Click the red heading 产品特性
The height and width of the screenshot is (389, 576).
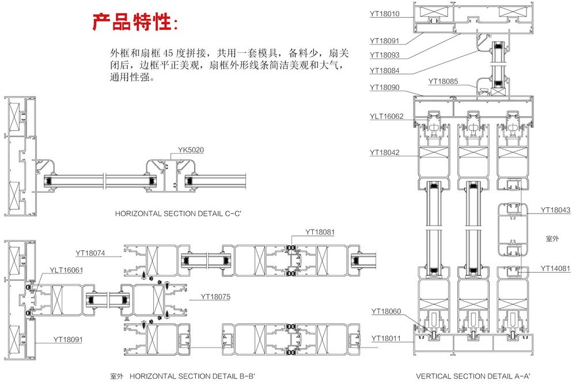(137, 21)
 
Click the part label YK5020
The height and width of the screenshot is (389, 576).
(191, 150)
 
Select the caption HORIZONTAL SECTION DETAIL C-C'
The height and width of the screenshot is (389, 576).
(178, 213)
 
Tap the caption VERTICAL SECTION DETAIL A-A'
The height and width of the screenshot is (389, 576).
(473, 376)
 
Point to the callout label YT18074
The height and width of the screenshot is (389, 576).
(94, 253)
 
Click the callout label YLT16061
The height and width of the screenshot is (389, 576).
(67, 270)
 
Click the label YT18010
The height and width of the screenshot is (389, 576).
(388, 14)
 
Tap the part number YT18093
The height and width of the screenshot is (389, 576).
(388, 55)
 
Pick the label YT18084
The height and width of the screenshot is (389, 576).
(388, 70)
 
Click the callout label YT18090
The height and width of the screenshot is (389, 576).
(388, 87)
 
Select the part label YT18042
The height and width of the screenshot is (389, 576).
(388, 152)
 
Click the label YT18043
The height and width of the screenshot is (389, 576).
(555, 210)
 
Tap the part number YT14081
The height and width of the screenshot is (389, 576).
(555, 268)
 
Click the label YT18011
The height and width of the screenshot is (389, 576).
(389, 338)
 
